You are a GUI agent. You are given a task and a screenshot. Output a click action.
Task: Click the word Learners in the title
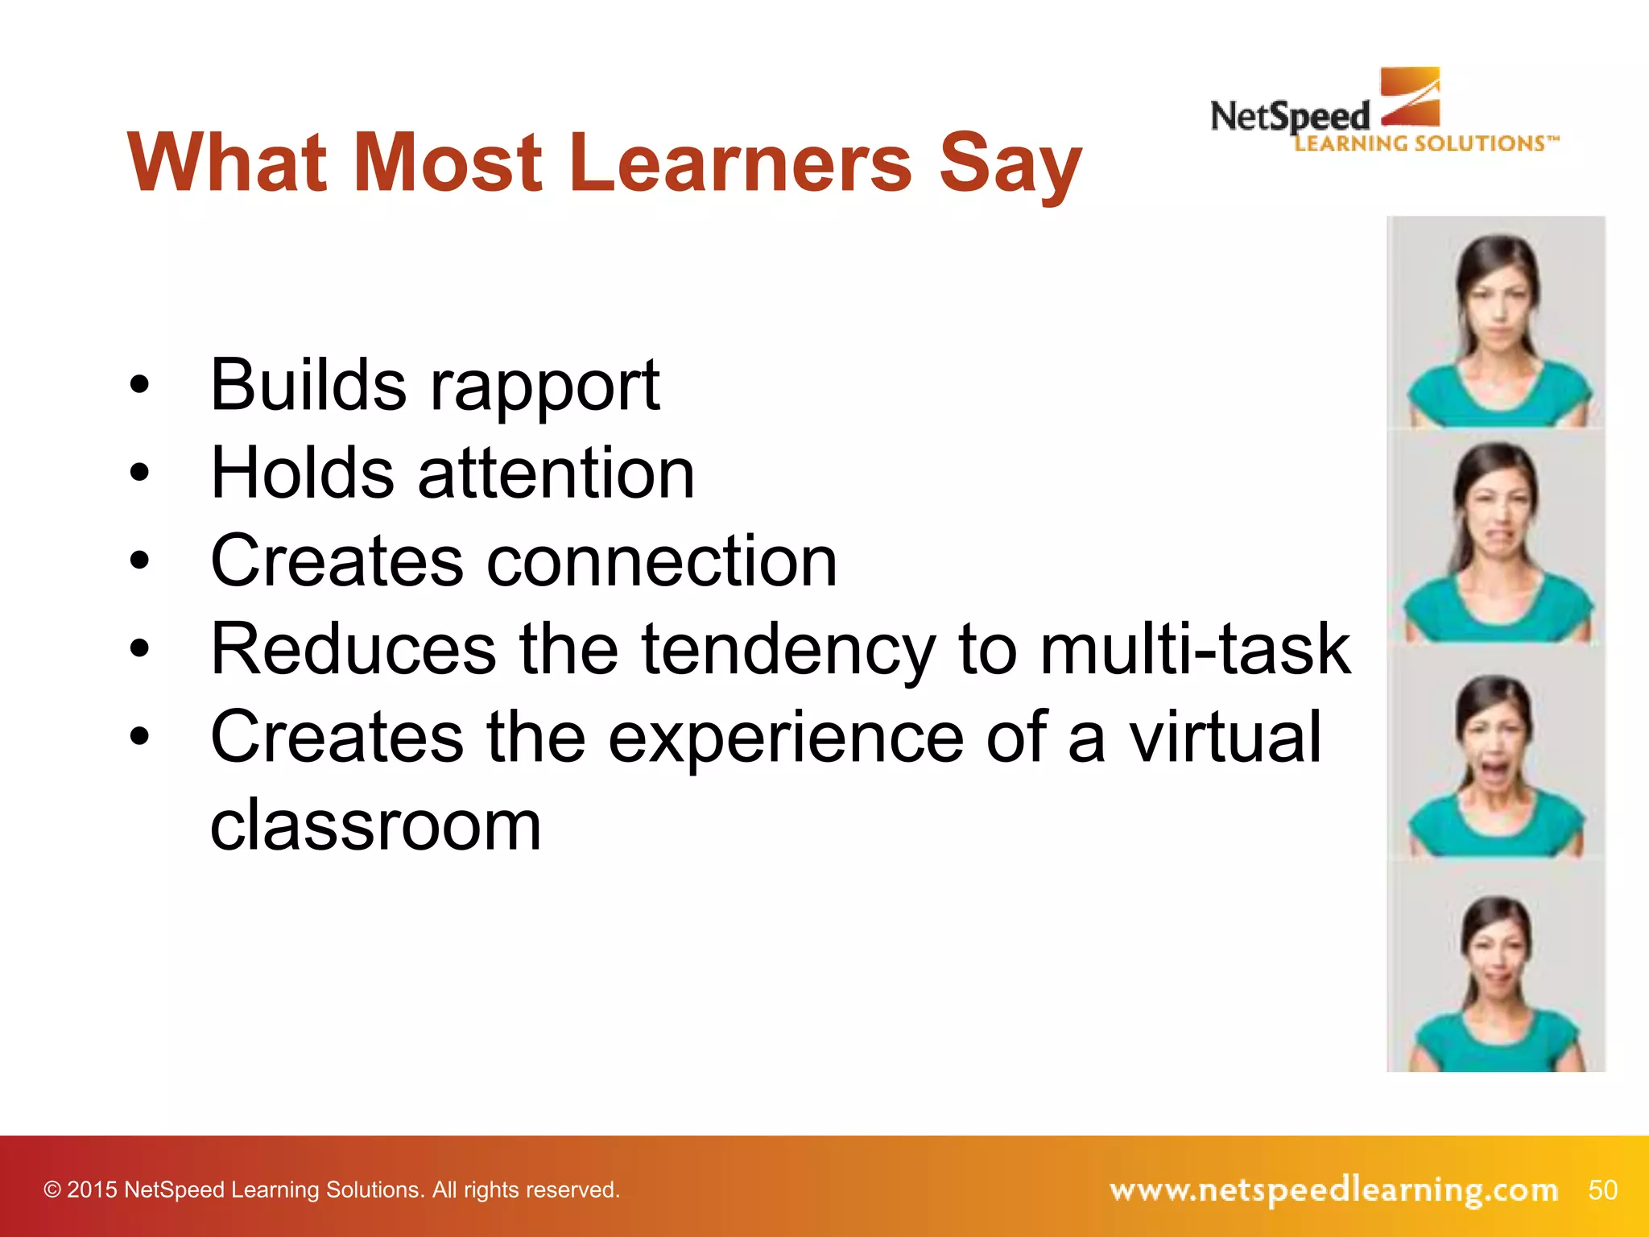pos(741,163)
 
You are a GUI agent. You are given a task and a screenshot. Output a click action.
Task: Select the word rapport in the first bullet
pos(545,387)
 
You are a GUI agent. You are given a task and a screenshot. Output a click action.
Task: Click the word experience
pos(786,738)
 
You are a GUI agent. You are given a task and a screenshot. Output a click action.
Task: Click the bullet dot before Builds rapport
pos(139,385)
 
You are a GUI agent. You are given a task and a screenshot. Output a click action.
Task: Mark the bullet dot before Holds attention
pos(139,473)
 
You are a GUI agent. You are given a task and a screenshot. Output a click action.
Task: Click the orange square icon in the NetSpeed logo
pos(1410,97)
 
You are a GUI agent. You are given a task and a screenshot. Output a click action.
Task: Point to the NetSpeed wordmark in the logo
pos(1290,118)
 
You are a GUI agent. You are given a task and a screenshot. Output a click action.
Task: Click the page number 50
pos(1602,1189)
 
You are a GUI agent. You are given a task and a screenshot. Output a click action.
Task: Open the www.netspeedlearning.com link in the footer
pos(1333,1189)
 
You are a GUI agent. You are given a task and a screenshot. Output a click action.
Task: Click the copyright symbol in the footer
pos(52,1189)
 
